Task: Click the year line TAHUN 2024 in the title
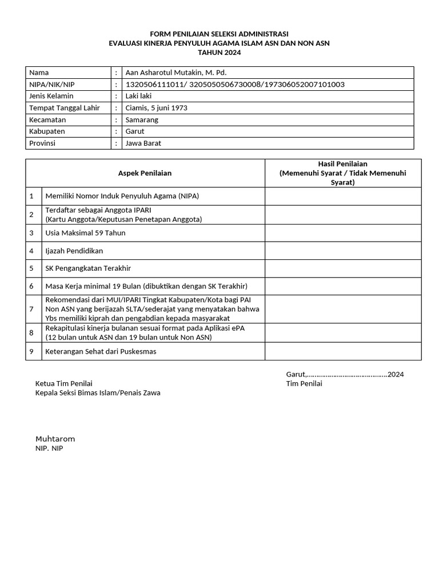219,53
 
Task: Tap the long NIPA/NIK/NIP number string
234,85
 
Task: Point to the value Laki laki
138,96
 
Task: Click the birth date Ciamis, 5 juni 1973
156,108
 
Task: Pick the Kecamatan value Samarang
142,120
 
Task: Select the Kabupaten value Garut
135,131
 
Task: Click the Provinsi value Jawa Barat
143,143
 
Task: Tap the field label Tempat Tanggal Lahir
64,108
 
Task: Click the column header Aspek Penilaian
145,173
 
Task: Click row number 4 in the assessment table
32,251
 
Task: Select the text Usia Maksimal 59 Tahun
85,233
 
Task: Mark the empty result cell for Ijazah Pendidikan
342,251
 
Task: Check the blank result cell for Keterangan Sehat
342,351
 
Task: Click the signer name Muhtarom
55,439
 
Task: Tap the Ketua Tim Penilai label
63,383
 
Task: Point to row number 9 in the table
32,351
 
